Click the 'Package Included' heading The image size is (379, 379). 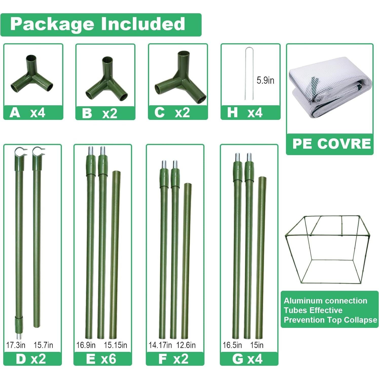point(98,24)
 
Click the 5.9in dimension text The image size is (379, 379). point(265,80)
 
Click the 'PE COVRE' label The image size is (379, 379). point(331,144)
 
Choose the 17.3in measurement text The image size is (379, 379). point(16,345)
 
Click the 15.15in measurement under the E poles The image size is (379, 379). point(115,345)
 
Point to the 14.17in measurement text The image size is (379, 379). point(160,345)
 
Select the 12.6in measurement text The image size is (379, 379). point(186,345)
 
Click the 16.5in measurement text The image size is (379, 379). point(232,345)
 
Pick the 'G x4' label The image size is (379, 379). point(247,359)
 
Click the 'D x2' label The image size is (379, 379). point(31,359)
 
